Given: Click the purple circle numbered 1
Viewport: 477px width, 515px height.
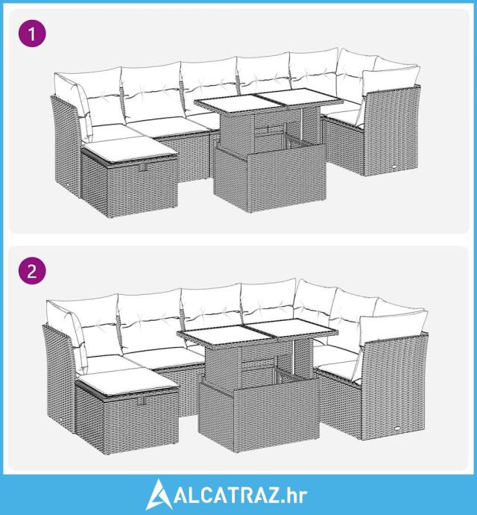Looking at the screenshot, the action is coord(32,33).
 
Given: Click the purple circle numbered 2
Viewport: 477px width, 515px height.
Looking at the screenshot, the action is coord(32,271).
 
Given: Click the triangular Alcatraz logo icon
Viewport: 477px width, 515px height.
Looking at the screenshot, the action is coord(159,494).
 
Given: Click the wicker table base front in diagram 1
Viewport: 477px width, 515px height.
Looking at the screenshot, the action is coord(286,180).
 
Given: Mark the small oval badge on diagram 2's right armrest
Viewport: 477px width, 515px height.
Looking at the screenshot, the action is coord(397,428).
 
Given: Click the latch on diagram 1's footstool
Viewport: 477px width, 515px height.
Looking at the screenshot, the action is coord(142,168).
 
